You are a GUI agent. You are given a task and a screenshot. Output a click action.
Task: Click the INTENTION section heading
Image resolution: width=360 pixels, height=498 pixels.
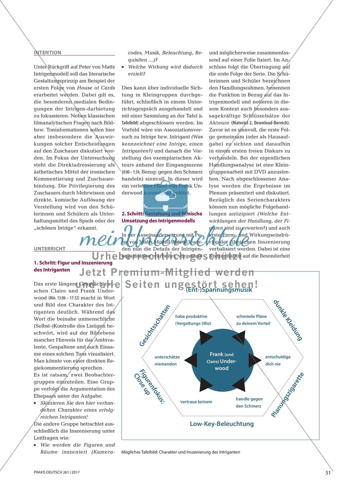pos(47,52)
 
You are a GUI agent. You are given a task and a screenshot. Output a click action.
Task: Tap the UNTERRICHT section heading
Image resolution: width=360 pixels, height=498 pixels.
pos(50,248)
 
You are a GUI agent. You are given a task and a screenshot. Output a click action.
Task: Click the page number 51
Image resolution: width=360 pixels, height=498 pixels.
pos(327,473)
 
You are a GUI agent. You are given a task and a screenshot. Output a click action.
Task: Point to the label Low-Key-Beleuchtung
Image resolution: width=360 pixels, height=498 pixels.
pos(221,423)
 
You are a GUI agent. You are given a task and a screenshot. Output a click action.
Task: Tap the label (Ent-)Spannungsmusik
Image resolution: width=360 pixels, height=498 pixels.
pos(219,290)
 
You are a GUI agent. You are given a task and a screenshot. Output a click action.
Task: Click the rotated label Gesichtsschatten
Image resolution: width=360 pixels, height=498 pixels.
pos(155,326)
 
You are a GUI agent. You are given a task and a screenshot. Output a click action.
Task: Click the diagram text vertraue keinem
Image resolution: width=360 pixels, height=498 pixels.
pos(196,402)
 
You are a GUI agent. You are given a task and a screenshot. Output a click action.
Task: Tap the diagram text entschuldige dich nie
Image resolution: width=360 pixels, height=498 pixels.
pos(278,360)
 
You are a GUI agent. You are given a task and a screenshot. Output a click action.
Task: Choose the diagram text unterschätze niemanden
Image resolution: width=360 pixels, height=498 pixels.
pos(167,360)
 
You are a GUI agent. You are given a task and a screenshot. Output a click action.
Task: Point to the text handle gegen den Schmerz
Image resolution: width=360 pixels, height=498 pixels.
pos(249,402)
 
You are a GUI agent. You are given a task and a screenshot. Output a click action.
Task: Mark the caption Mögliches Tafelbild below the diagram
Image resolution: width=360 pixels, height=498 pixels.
pos(180,452)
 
